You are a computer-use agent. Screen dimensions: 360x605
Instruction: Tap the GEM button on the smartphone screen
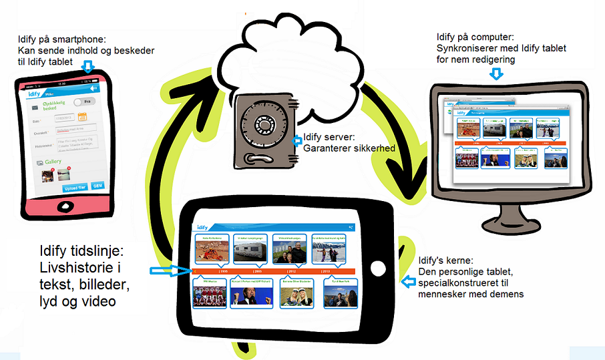pyautogui.click(x=97, y=186)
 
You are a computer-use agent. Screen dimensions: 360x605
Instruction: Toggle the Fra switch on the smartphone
pyautogui.click(x=83, y=102)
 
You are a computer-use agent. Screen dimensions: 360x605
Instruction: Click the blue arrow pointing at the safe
pyautogui.click(x=297, y=140)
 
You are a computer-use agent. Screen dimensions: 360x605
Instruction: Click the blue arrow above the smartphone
pyautogui.click(x=87, y=65)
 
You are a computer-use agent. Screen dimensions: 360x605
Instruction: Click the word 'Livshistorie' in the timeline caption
pyautogui.click(x=71, y=268)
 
